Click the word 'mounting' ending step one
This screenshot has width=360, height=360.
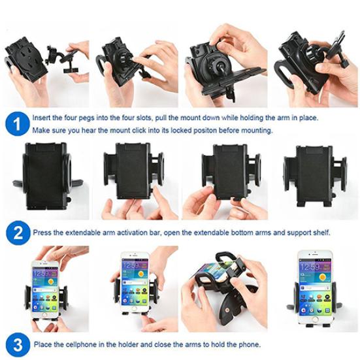256,131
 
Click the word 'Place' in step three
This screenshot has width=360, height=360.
42,344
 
